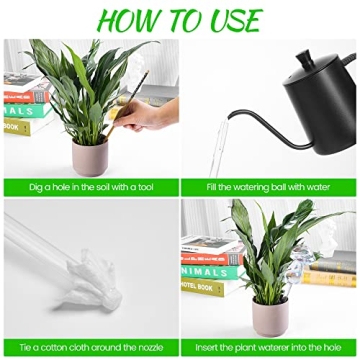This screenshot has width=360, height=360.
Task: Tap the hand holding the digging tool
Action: click(141, 115)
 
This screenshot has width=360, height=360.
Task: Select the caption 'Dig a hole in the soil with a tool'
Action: click(89, 187)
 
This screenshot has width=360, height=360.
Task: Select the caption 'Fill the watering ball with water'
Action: click(269, 187)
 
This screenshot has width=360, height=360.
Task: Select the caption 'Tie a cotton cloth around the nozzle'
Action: click(89, 346)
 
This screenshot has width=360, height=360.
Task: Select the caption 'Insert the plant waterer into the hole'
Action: click(269, 346)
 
